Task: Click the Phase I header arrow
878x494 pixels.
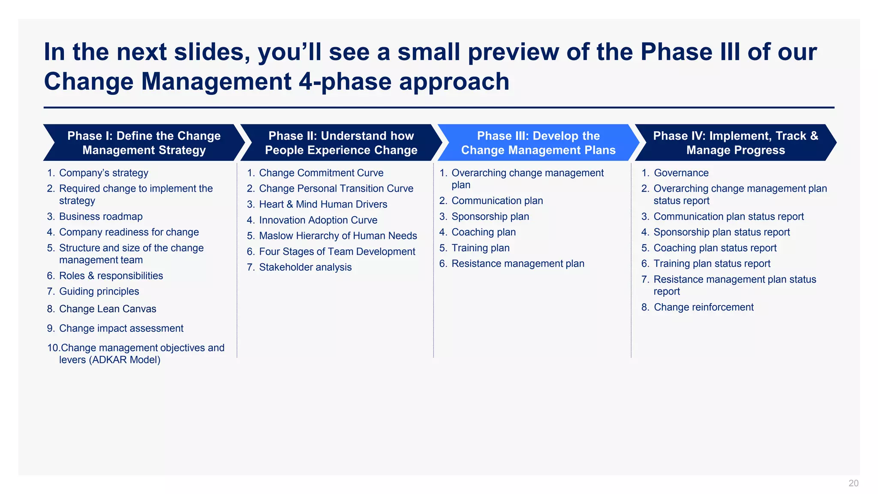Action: (144, 143)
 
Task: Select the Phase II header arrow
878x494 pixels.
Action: (341, 143)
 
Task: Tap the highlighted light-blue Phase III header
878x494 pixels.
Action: (538, 143)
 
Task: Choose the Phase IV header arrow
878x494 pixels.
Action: (735, 143)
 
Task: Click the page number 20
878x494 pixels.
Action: (853, 483)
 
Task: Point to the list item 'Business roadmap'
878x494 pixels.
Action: (101, 217)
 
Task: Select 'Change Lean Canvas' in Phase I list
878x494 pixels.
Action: (108, 309)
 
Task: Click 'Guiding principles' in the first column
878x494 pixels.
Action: (99, 291)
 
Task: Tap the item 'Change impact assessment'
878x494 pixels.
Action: (121, 328)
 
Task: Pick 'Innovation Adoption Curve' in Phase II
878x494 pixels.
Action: (318, 220)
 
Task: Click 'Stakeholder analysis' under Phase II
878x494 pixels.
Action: (305, 267)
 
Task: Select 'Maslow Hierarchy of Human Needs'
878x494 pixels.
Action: (338, 236)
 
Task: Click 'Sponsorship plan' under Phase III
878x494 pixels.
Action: (490, 217)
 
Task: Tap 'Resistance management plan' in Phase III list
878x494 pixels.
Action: (518, 264)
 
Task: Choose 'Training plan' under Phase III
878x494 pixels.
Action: (481, 248)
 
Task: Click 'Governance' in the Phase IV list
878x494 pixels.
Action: (681, 173)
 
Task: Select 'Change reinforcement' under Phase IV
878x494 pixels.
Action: (704, 307)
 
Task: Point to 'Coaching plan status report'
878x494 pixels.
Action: (715, 248)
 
